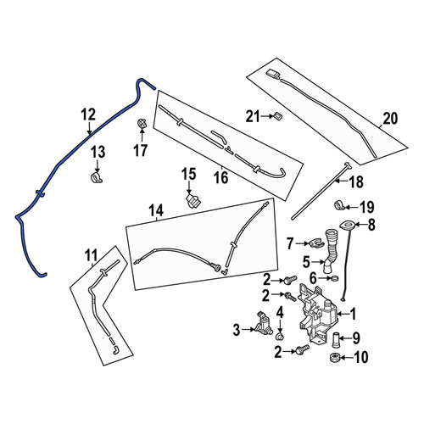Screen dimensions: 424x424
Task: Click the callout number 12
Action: (88, 115)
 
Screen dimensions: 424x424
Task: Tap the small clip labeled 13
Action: (97, 178)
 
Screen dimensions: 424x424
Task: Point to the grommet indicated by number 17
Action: (142, 124)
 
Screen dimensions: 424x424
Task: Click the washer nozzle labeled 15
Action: (193, 201)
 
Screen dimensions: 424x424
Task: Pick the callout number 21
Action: (253, 116)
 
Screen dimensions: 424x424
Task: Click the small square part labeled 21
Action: (277, 116)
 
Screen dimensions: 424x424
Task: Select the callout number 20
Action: (390, 119)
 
